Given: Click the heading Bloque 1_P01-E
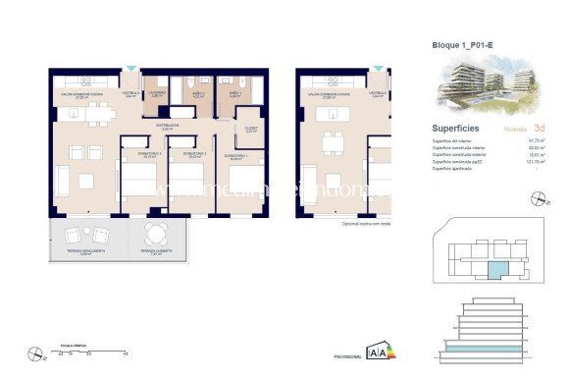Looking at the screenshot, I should tap(465, 45).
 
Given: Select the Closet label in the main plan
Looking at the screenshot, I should tap(251, 128).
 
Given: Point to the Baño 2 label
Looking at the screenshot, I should tap(198, 94).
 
